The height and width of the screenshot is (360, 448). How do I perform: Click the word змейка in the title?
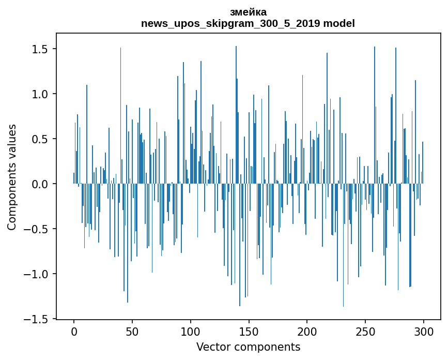click(x=248, y=12)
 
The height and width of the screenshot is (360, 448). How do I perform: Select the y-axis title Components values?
click(x=12, y=177)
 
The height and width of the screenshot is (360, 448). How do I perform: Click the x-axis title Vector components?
click(x=248, y=347)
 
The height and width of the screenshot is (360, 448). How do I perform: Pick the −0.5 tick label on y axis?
click(x=36, y=229)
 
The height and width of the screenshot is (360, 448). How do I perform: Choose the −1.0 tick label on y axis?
click(x=36, y=274)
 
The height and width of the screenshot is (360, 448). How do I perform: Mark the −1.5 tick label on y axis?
click(x=36, y=319)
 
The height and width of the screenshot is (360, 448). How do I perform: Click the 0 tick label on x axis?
click(x=74, y=331)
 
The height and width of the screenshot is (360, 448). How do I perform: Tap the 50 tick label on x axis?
click(x=132, y=331)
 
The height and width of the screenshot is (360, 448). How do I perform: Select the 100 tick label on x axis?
click(x=191, y=331)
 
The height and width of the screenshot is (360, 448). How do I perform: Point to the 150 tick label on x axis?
click(x=249, y=331)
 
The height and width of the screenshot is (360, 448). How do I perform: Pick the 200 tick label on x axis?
click(x=307, y=331)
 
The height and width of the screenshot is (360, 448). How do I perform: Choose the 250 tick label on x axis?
click(x=365, y=331)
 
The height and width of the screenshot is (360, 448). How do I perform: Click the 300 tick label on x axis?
click(x=424, y=331)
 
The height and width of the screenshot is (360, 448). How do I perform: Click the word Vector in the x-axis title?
click(x=212, y=347)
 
